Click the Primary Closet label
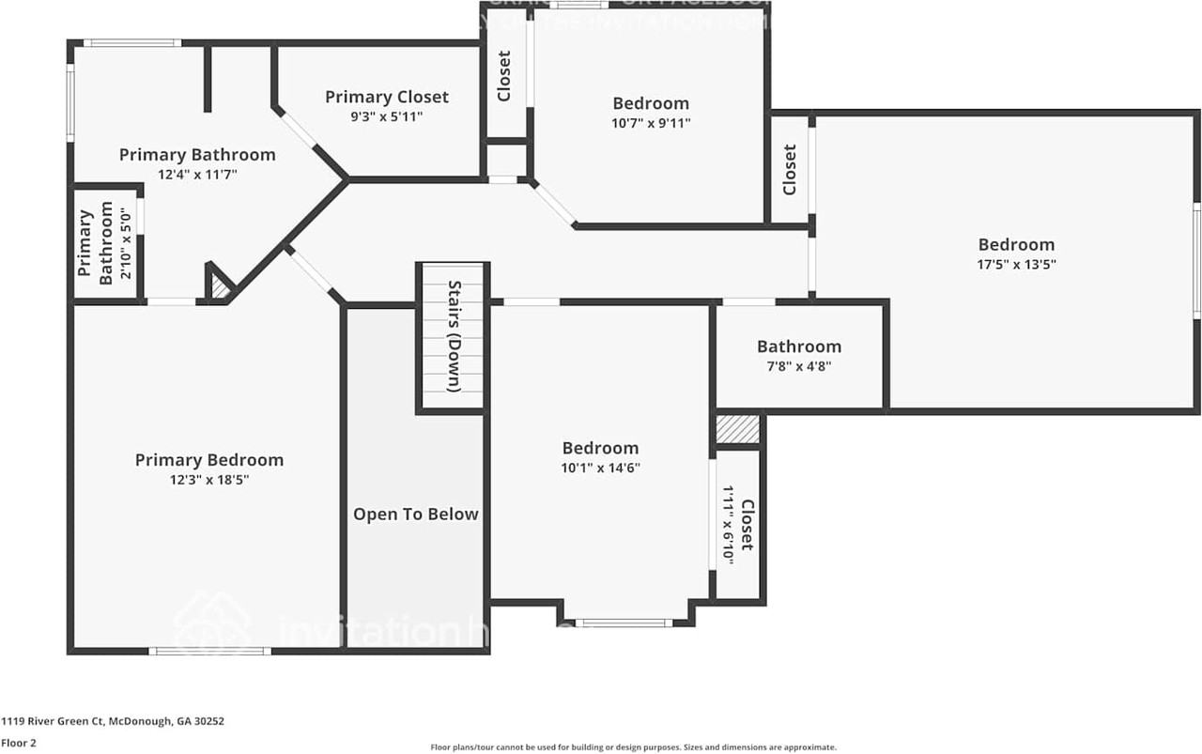387,97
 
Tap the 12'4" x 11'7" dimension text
197,174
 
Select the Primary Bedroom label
208,460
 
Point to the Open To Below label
415,515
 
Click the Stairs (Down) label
453,335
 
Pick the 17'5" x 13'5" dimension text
1016,264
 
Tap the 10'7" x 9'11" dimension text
651,123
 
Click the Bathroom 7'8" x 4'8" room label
799,346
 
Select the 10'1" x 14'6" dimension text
600,468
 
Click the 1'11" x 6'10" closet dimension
728,524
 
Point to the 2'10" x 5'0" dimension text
123,243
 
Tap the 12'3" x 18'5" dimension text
208,480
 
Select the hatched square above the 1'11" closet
737,430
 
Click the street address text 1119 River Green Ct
112,721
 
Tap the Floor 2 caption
19,742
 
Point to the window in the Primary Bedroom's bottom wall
209,650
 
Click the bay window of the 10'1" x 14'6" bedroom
624,622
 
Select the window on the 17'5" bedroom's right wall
1197,260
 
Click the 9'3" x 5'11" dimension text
387,117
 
